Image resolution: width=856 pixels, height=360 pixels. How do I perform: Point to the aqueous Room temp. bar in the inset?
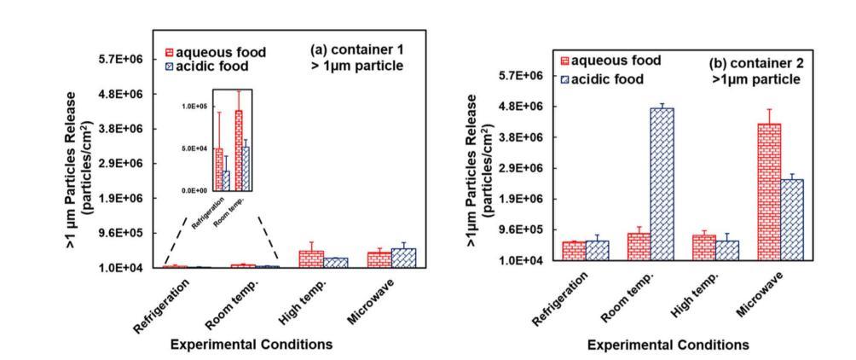click(239, 149)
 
